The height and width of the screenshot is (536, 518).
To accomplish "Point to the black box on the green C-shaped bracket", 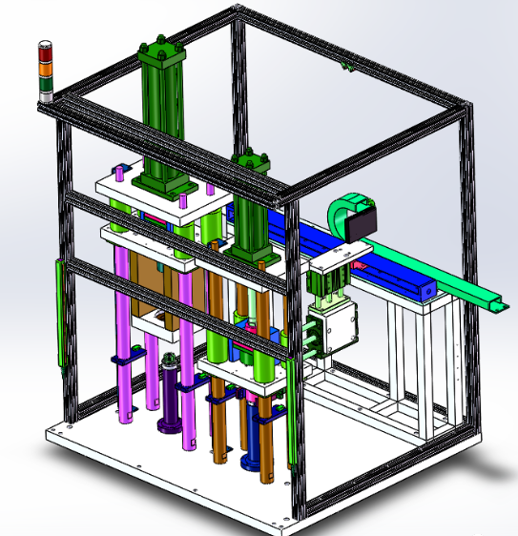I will tap(362, 224).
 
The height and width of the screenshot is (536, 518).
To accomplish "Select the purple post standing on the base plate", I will tap(170, 401).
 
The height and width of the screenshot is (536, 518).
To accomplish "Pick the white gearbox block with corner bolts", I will tap(340, 329).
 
